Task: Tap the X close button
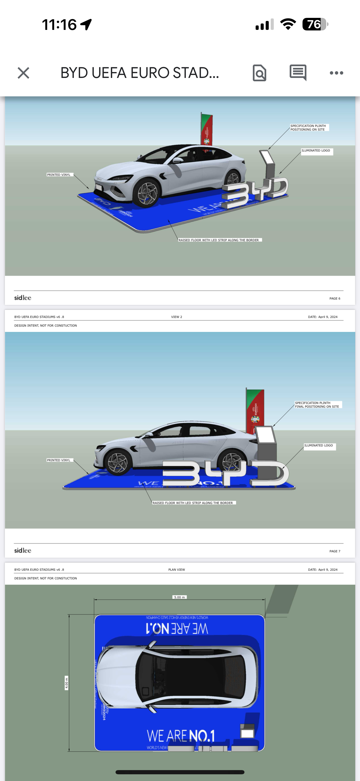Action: (x=23, y=73)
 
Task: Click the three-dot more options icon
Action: (x=336, y=73)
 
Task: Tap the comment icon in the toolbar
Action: (x=298, y=72)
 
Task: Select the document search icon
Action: (x=259, y=73)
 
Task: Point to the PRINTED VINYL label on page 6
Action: (x=59, y=175)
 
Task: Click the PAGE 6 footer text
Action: (x=335, y=299)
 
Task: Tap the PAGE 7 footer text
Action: (x=335, y=551)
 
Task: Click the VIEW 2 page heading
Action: (x=176, y=317)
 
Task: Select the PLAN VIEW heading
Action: (x=176, y=570)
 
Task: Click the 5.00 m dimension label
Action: (x=179, y=597)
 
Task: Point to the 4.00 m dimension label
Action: (x=66, y=683)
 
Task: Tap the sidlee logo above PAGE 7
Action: (x=23, y=550)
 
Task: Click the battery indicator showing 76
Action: (x=315, y=24)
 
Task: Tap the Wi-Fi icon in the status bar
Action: (x=288, y=24)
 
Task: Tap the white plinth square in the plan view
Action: (x=247, y=733)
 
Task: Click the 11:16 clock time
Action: (x=59, y=25)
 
